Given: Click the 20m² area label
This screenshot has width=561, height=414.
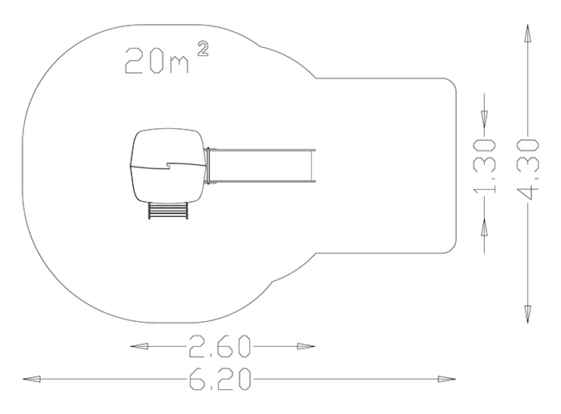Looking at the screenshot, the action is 167,58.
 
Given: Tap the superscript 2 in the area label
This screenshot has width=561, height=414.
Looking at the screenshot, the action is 203,49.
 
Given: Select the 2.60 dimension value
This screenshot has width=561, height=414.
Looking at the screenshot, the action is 220,346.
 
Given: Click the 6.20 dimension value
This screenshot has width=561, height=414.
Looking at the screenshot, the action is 220,379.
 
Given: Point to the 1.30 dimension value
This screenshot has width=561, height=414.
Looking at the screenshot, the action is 485,167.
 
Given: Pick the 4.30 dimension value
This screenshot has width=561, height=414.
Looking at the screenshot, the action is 527,169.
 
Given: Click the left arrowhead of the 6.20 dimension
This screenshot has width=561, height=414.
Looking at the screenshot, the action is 31,379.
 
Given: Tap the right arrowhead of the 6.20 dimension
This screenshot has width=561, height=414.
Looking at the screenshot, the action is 447,379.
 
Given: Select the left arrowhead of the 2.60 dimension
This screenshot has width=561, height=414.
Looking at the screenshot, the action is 139,346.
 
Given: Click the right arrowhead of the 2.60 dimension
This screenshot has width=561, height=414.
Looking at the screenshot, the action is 306,346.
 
